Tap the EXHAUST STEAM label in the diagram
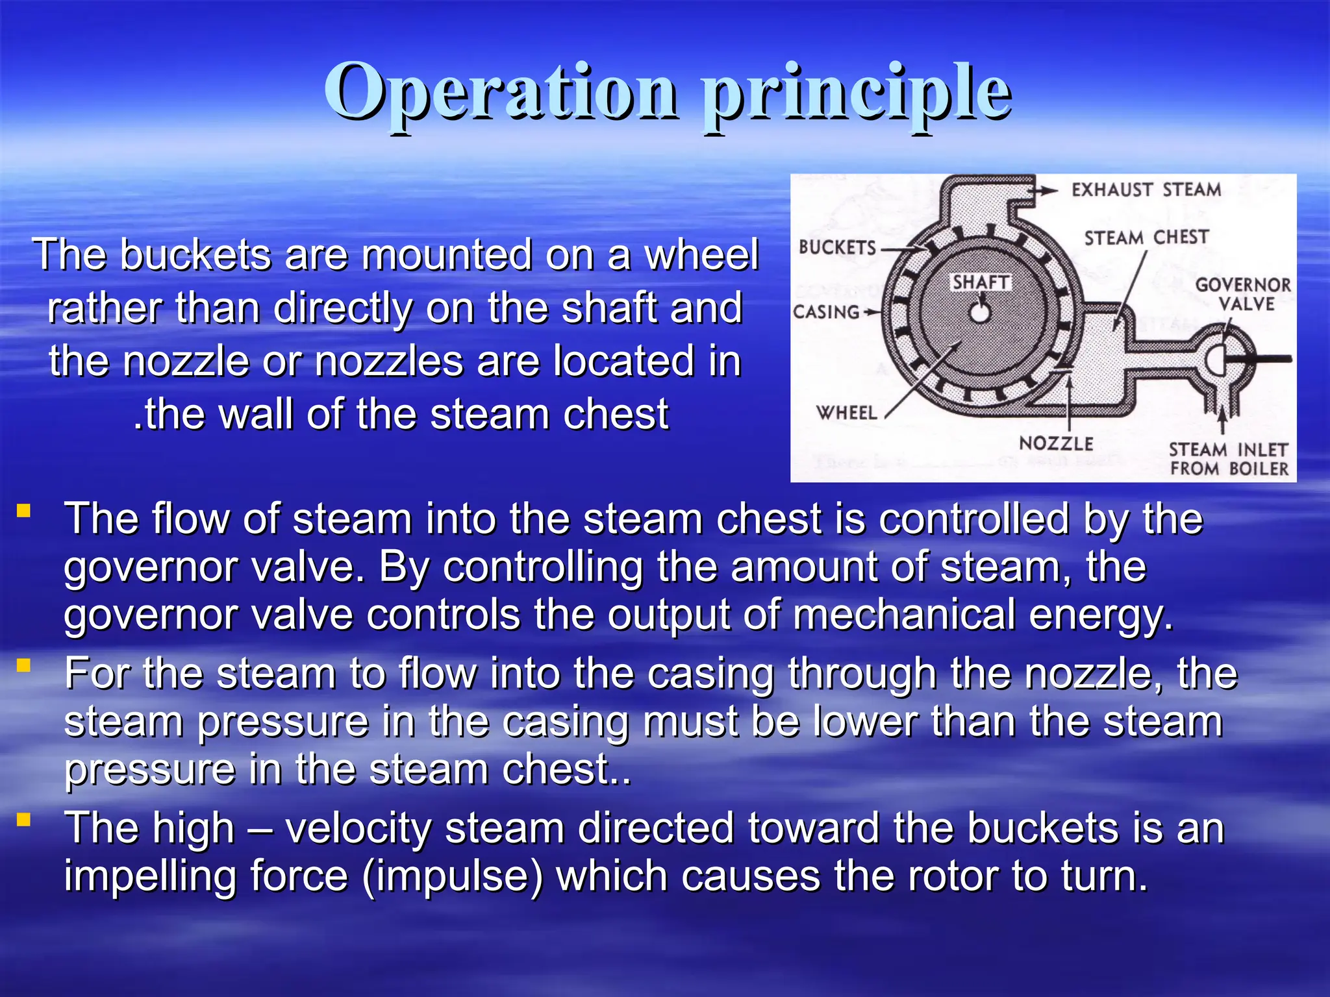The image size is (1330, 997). pyautogui.click(x=1146, y=190)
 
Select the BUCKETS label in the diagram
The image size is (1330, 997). pyautogui.click(x=837, y=247)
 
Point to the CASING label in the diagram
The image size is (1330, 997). pyautogui.click(x=826, y=312)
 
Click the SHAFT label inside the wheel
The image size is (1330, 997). pyautogui.click(x=981, y=282)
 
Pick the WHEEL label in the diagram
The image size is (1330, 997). pyautogui.click(x=846, y=413)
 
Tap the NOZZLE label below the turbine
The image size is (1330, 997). pyautogui.click(x=1056, y=444)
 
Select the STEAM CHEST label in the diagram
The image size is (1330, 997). pyautogui.click(x=1146, y=238)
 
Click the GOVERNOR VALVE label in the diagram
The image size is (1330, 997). pyautogui.click(x=1243, y=295)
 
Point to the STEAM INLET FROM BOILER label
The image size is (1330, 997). pyautogui.click(x=1229, y=460)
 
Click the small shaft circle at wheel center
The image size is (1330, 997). pyautogui.click(x=980, y=313)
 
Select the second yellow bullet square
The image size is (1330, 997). pyautogui.click(x=24, y=665)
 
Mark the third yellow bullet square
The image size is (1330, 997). pyautogui.click(x=24, y=820)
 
